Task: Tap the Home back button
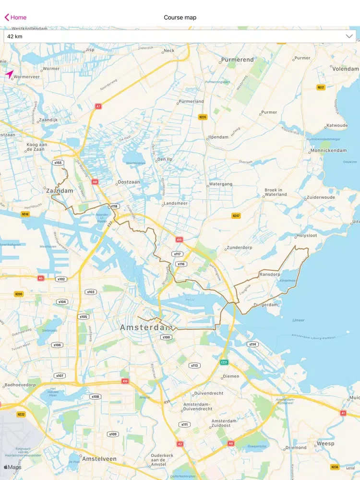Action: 16,17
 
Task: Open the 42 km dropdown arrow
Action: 349,36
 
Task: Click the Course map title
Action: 180,17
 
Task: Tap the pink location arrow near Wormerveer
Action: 10,74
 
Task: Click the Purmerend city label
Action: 237,60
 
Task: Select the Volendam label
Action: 345,69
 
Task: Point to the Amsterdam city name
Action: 146,327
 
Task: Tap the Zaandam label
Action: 60,191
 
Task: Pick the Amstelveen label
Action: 99,459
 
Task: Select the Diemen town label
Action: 231,376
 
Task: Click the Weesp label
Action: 325,444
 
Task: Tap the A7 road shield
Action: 98,106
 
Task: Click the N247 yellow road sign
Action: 236,216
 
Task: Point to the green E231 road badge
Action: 224,362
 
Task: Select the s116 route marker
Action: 181,264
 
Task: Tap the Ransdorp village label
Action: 269,275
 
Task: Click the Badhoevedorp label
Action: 21,385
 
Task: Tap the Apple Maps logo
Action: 13,467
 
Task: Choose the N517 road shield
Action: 321,87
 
